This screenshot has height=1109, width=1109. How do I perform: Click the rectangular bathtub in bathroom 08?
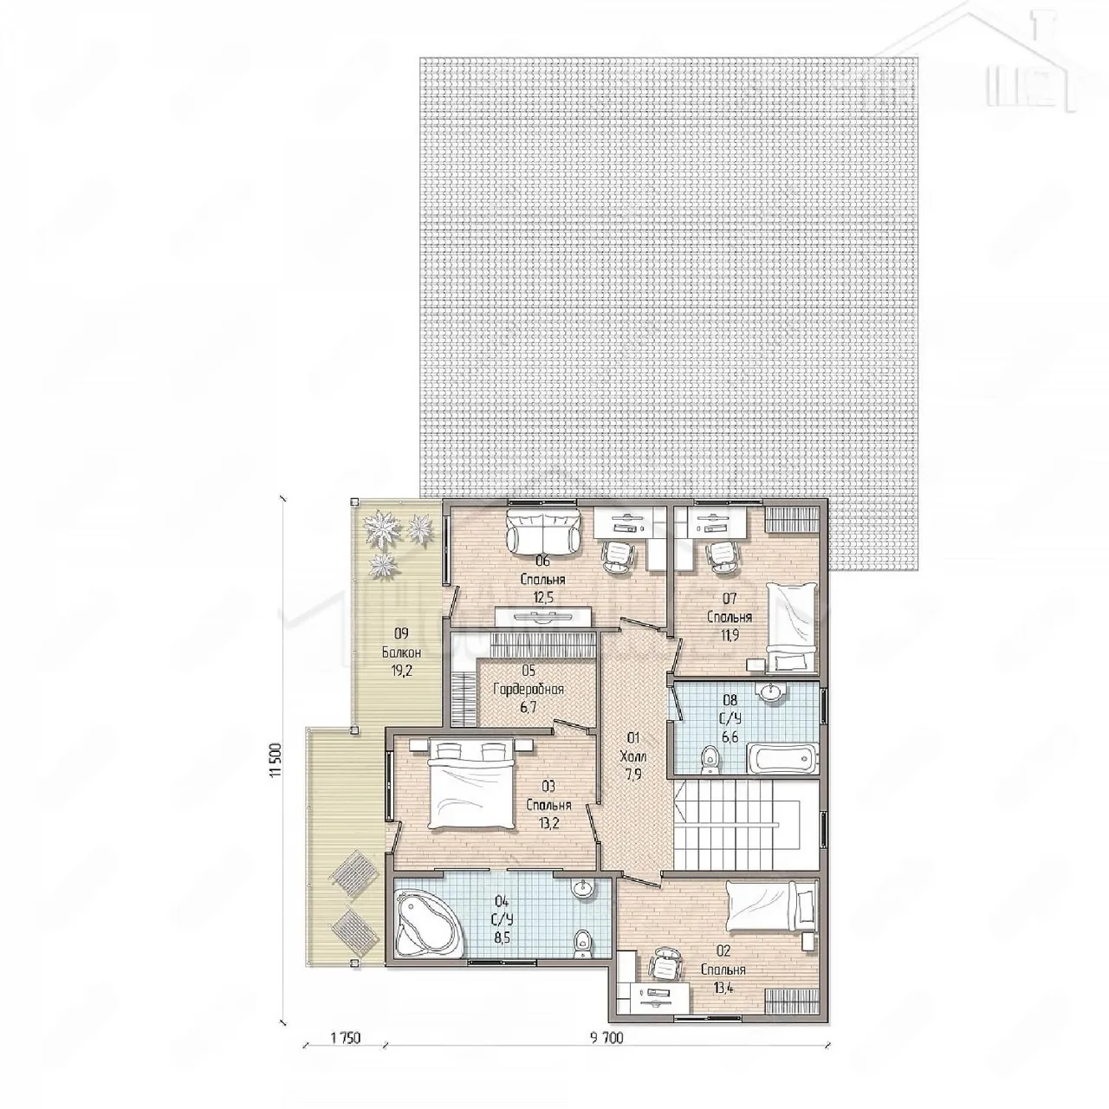pyautogui.click(x=781, y=759)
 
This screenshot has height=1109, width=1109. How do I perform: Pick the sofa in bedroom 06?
pyautogui.click(x=542, y=531)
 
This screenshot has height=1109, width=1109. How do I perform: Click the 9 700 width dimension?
pyautogui.click(x=606, y=1054)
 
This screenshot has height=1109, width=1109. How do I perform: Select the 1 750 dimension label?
pyautogui.click(x=346, y=1054)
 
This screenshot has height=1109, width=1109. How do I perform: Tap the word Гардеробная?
pyautogui.click(x=529, y=689)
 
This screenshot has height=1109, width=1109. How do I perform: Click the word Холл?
pyautogui.click(x=633, y=756)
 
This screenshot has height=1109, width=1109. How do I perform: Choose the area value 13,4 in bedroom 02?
pyautogui.click(x=723, y=989)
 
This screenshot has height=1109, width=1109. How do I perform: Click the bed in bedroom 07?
pyautogui.click(x=792, y=626)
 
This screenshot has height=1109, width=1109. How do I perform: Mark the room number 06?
pyautogui.click(x=542, y=561)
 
